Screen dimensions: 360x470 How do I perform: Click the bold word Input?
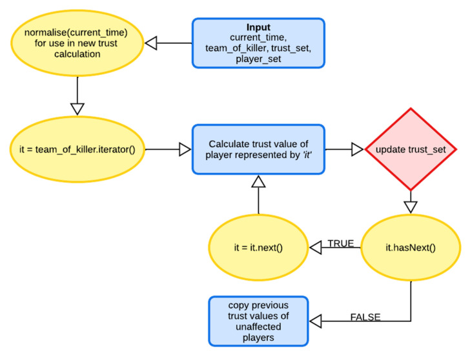(x=258, y=28)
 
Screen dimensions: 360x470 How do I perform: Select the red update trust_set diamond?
(x=411, y=149)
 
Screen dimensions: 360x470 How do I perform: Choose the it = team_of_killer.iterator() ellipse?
(x=77, y=149)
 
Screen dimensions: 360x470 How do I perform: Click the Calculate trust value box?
(x=258, y=149)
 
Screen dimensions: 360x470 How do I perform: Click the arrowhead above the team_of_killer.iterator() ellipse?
(x=77, y=108)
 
